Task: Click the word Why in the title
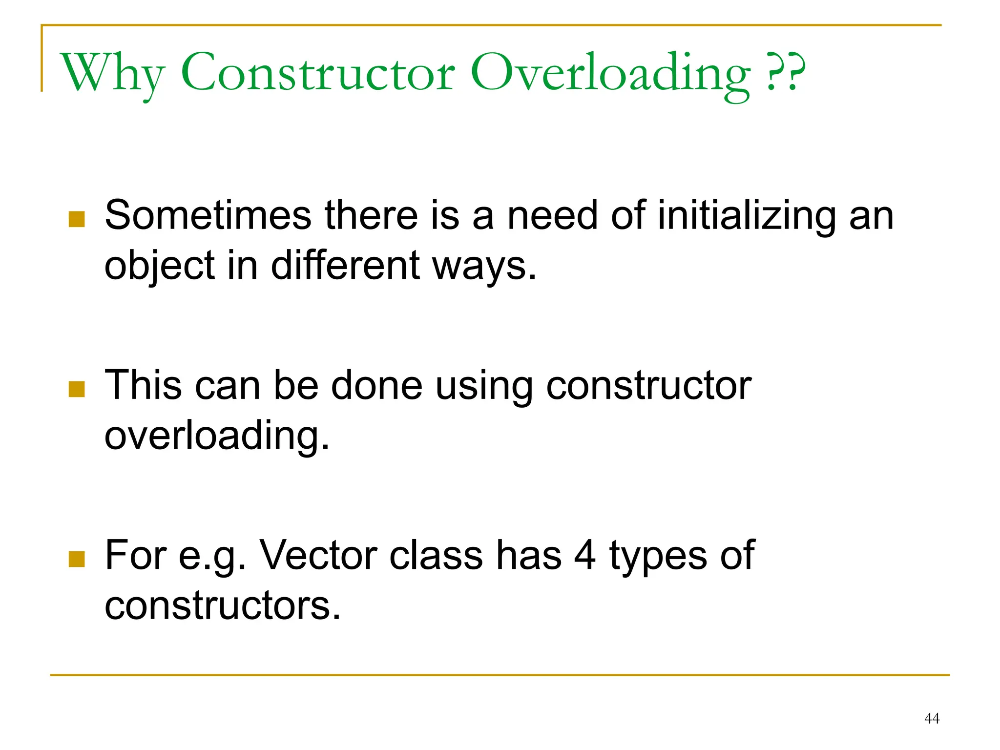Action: point(112,73)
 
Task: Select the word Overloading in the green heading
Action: point(610,73)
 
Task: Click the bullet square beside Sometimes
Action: point(77,219)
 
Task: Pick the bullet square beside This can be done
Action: point(77,389)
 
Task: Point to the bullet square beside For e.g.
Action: point(77,559)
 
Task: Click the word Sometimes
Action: point(208,215)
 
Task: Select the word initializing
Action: point(747,215)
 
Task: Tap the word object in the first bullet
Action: point(159,266)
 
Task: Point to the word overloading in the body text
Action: point(217,436)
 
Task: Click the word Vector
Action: point(318,555)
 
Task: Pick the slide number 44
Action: point(932,718)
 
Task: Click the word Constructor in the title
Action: point(318,73)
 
